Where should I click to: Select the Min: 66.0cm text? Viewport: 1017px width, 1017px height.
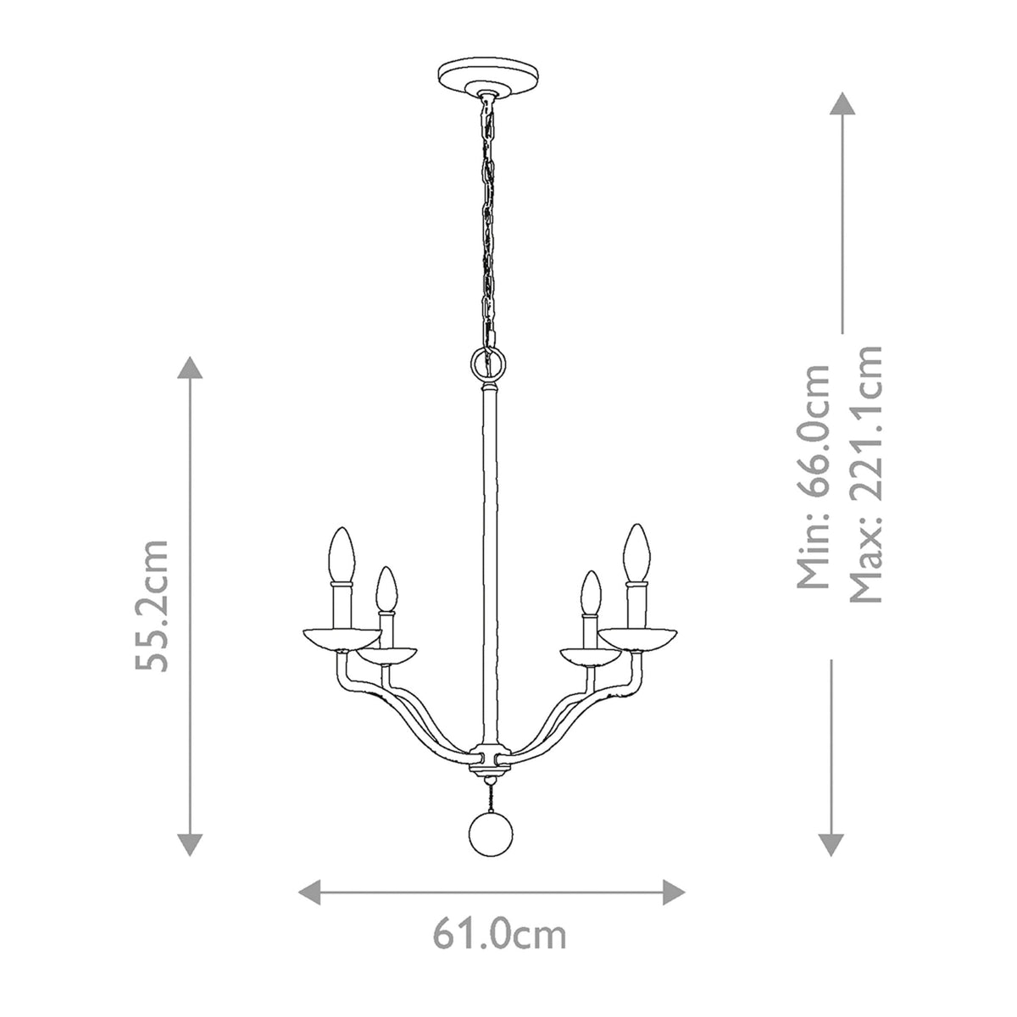(x=814, y=477)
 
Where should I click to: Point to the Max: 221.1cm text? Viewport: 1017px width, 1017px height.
(x=866, y=474)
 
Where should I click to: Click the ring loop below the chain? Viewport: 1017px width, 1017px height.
(x=489, y=366)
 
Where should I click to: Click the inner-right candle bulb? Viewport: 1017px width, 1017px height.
(x=588, y=592)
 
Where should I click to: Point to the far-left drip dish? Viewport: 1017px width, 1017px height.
(x=341, y=638)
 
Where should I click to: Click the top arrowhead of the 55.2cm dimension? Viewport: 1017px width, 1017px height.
(x=189, y=368)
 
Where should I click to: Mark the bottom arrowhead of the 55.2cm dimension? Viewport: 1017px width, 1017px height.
(x=189, y=844)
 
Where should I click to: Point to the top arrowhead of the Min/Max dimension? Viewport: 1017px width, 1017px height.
(x=841, y=105)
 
